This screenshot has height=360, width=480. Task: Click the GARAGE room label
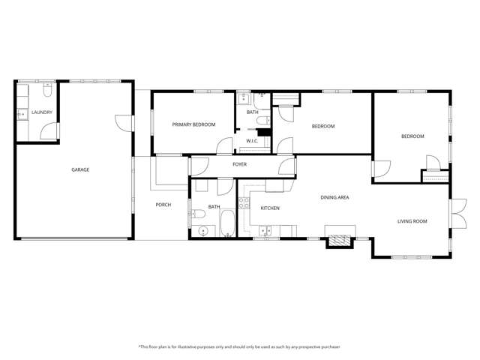80,169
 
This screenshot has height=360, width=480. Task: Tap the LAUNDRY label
41,113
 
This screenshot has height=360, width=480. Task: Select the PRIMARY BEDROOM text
193,124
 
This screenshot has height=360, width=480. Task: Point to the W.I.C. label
252,140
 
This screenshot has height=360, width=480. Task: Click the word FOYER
240,164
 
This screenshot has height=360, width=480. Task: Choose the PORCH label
163,205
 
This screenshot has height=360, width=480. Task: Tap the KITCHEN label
270,208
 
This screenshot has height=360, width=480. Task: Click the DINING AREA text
334,197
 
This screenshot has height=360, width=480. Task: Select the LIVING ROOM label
412,221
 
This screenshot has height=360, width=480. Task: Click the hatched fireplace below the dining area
338,240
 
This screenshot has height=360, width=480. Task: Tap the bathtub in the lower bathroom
227,223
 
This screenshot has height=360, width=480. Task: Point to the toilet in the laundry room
46,94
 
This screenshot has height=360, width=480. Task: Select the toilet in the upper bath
262,120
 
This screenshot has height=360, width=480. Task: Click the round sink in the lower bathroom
202,229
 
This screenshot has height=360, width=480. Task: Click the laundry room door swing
49,133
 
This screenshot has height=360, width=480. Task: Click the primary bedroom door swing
223,146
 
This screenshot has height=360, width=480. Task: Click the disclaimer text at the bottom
239,346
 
